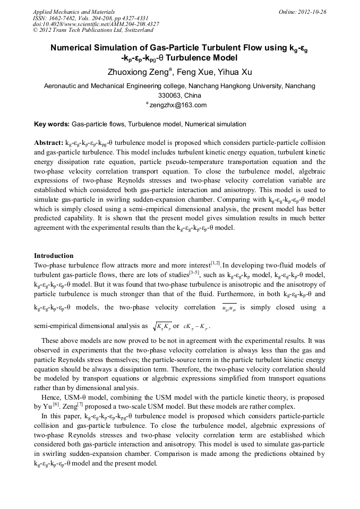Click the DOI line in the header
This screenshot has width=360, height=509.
(96, 24)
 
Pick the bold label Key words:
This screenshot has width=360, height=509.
(52, 124)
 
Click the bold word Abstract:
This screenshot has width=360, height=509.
(48, 143)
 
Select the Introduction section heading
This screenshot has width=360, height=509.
(54, 256)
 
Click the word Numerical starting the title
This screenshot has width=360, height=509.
(72, 48)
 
